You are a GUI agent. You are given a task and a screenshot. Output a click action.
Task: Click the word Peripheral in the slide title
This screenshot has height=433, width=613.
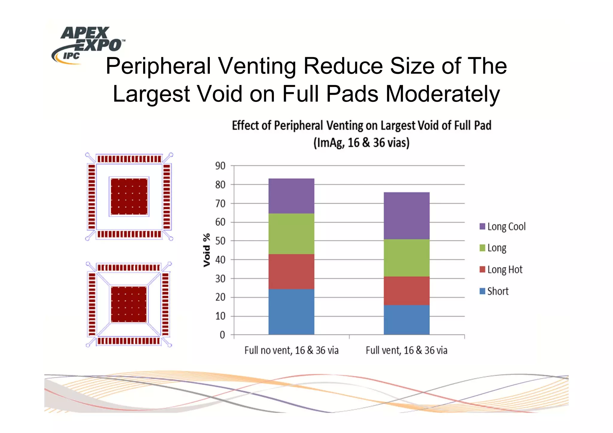coord(158,66)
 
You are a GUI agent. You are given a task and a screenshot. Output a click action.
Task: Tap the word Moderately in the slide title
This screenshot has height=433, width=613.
coord(443,94)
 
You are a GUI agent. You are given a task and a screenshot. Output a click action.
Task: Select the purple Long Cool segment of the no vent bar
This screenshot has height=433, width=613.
coord(291,196)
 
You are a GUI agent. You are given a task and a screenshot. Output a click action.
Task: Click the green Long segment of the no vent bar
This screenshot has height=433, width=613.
coord(291,234)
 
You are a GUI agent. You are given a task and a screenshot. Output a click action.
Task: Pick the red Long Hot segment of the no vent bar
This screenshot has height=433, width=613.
coord(291,272)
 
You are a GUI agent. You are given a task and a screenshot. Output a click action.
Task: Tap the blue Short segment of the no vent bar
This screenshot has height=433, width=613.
coord(291,312)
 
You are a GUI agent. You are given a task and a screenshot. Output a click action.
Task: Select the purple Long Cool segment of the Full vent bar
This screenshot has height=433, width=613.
coord(406,216)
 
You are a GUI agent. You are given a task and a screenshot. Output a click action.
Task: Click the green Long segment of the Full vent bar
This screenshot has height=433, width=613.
coord(406,258)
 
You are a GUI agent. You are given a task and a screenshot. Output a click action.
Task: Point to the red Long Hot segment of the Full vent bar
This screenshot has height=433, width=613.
coord(406,291)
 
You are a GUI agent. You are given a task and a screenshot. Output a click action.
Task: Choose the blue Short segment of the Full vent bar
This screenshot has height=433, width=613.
coord(406,320)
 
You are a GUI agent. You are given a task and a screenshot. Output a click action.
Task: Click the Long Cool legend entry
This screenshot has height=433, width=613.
coord(503,227)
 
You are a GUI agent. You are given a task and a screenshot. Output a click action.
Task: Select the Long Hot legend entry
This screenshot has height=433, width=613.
coord(501,270)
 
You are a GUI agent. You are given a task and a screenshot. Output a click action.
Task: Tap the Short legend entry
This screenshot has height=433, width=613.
coord(494,291)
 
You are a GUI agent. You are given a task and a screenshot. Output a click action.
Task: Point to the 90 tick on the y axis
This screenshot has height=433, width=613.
coord(220,166)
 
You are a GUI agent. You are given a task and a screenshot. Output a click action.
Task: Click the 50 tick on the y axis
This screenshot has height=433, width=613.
coord(220,241)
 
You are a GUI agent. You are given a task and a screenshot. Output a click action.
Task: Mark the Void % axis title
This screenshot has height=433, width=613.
coord(207,250)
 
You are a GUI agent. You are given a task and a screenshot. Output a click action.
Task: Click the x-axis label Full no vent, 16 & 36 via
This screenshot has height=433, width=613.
coord(291,350)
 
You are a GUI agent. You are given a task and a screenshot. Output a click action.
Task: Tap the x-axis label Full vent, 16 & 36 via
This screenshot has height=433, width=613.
coord(406,350)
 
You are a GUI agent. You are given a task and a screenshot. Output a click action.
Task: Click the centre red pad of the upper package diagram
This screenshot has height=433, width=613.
coord(129,196)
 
